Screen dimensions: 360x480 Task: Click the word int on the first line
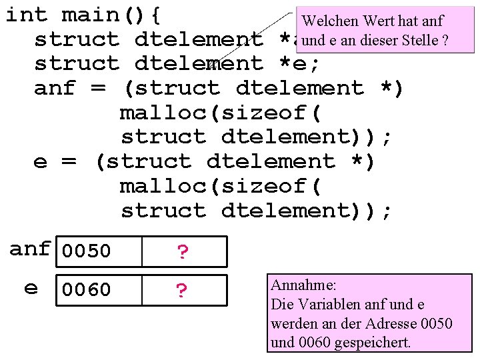click(27, 15)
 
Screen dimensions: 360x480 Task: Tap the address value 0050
click(86, 252)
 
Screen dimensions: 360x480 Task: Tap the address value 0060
click(86, 290)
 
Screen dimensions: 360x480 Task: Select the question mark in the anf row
click(183, 252)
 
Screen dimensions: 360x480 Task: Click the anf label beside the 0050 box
click(30, 249)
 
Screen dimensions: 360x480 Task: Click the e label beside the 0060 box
click(31, 288)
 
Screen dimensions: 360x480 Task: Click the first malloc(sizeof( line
click(221, 113)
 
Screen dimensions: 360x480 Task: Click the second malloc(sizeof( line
click(221, 186)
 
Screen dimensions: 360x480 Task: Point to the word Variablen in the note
click(325, 305)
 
